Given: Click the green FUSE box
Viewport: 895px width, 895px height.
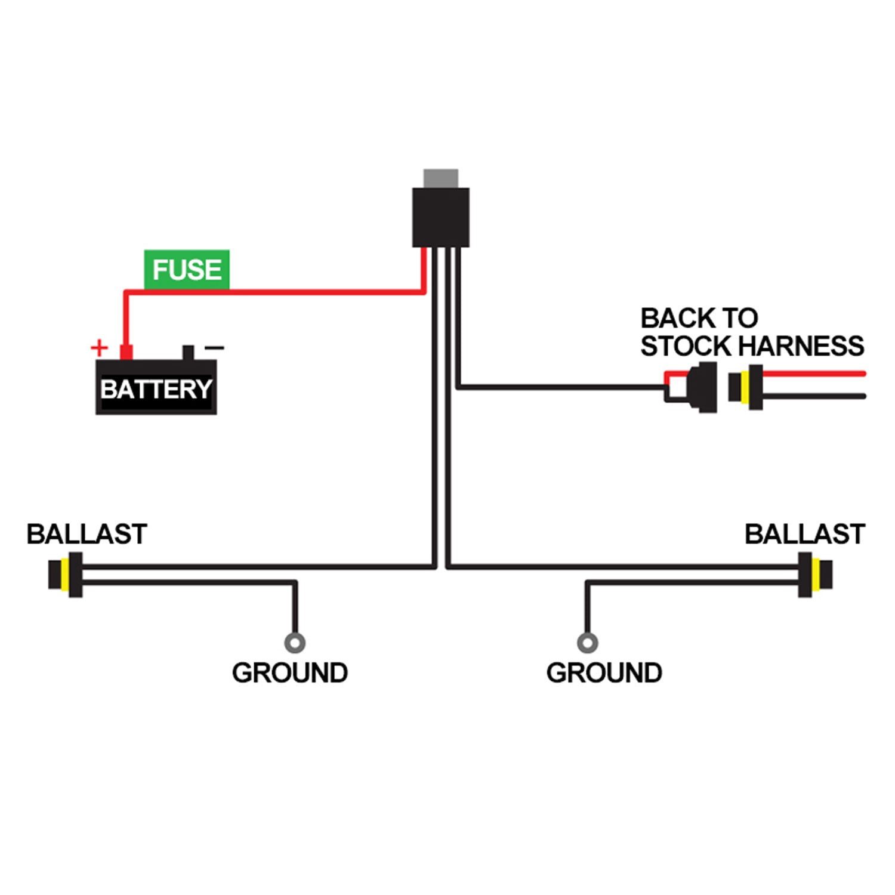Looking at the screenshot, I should (187, 270).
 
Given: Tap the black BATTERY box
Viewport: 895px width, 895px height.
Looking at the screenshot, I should (156, 388).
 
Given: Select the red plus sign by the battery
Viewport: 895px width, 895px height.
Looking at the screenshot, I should (99, 347).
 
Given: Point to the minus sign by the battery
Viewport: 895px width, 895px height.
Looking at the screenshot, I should (214, 347).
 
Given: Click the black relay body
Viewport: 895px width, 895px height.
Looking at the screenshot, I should (441, 217).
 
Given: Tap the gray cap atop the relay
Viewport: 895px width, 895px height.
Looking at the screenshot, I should (441, 178).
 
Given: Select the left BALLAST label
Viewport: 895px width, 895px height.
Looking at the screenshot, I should (87, 534).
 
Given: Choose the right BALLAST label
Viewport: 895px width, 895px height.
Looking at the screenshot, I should (804, 534).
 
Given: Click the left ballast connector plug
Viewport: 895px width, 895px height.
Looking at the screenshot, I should (65, 575).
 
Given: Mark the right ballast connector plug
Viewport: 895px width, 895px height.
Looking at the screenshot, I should (815, 575).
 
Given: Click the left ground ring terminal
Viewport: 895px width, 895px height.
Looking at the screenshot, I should (295, 643).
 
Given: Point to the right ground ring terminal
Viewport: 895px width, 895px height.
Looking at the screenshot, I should (588, 643).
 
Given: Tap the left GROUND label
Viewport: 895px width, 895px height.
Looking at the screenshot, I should (290, 673).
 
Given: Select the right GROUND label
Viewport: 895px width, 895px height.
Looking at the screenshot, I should (604, 673).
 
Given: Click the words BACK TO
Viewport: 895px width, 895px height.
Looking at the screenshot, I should (699, 318).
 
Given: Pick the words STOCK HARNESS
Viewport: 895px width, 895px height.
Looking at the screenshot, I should (752, 346).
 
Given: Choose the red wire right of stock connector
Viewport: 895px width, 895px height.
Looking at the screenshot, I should (814, 374).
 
